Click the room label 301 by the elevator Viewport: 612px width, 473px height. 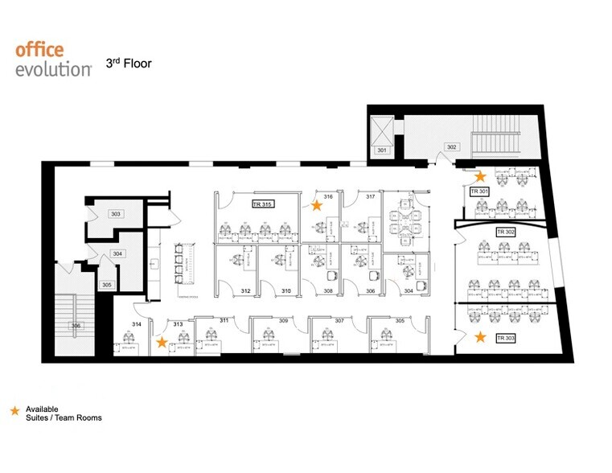click(x=382, y=150)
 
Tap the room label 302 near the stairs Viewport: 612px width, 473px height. click(x=452, y=147)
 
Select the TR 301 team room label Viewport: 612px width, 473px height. click(x=480, y=191)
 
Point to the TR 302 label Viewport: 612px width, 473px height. click(x=505, y=232)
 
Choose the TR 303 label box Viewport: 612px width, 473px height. click(x=505, y=338)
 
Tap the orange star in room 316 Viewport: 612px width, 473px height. click(x=317, y=206)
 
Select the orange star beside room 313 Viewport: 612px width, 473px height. click(x=162, y=342)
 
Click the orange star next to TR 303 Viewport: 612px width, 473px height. click(x=481, y=337)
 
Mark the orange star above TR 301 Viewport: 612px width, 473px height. click(x=480, y=175)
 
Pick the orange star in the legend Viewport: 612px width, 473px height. click(x=14, y=411)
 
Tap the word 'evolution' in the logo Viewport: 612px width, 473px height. click(x=53, y=69)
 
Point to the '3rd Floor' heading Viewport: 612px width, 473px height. click(x=129, y=62)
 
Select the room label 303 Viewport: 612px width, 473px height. click(x=116, y=214)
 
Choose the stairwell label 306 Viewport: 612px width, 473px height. click(x=76, y=326)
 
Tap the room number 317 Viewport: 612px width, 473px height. click(x=372, y=197)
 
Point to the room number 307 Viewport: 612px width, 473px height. click(x=339, y=321)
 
